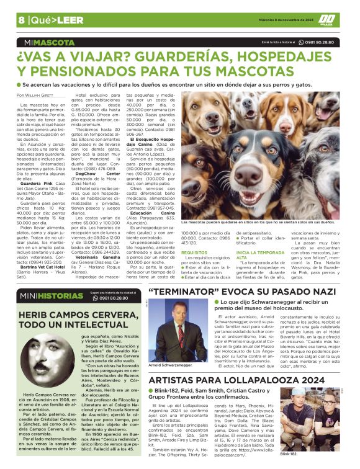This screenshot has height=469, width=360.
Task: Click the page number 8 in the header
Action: (21, 19)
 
